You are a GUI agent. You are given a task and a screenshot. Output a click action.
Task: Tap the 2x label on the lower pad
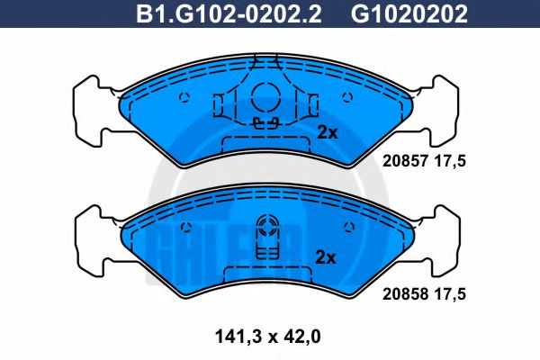(x=327, y=257)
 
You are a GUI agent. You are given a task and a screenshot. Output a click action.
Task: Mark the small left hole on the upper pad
(x=184, y=99)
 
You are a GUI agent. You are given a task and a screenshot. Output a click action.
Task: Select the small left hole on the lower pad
(x=184, y=226)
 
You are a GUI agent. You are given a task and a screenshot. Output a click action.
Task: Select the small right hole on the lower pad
(x=346, y=226)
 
